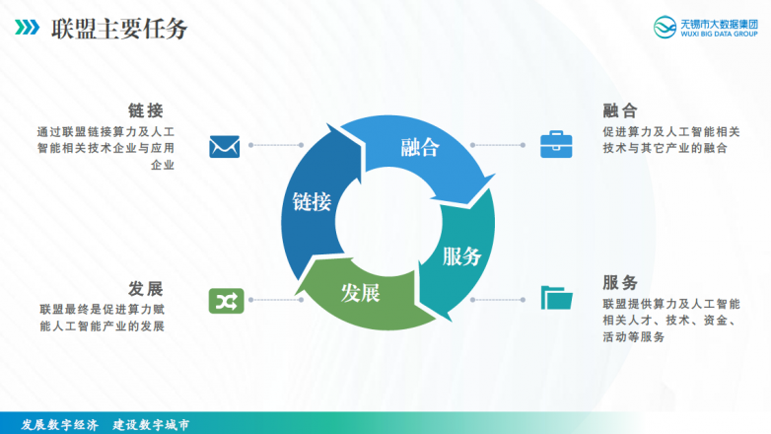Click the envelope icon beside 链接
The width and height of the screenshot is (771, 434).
click(x=225, y=147)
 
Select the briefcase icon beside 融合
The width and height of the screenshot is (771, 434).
click(x=555, y=145)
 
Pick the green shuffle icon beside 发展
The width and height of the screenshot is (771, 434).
click(x=225, y=299)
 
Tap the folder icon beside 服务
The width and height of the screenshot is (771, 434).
click(x=556, y=297)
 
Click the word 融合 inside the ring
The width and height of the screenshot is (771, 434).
click(x=419, y=148)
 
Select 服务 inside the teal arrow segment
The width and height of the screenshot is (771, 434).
click(x=461, y=256)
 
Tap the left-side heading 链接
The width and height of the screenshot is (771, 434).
click(x=145, y=109)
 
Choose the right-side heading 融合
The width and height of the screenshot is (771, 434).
click(x=620, y=109)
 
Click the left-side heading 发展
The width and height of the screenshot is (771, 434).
click(x=145, y=288)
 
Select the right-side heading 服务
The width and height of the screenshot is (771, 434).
click(x=620, y=281)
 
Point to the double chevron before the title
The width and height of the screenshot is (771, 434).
click(x=28, y=28)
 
